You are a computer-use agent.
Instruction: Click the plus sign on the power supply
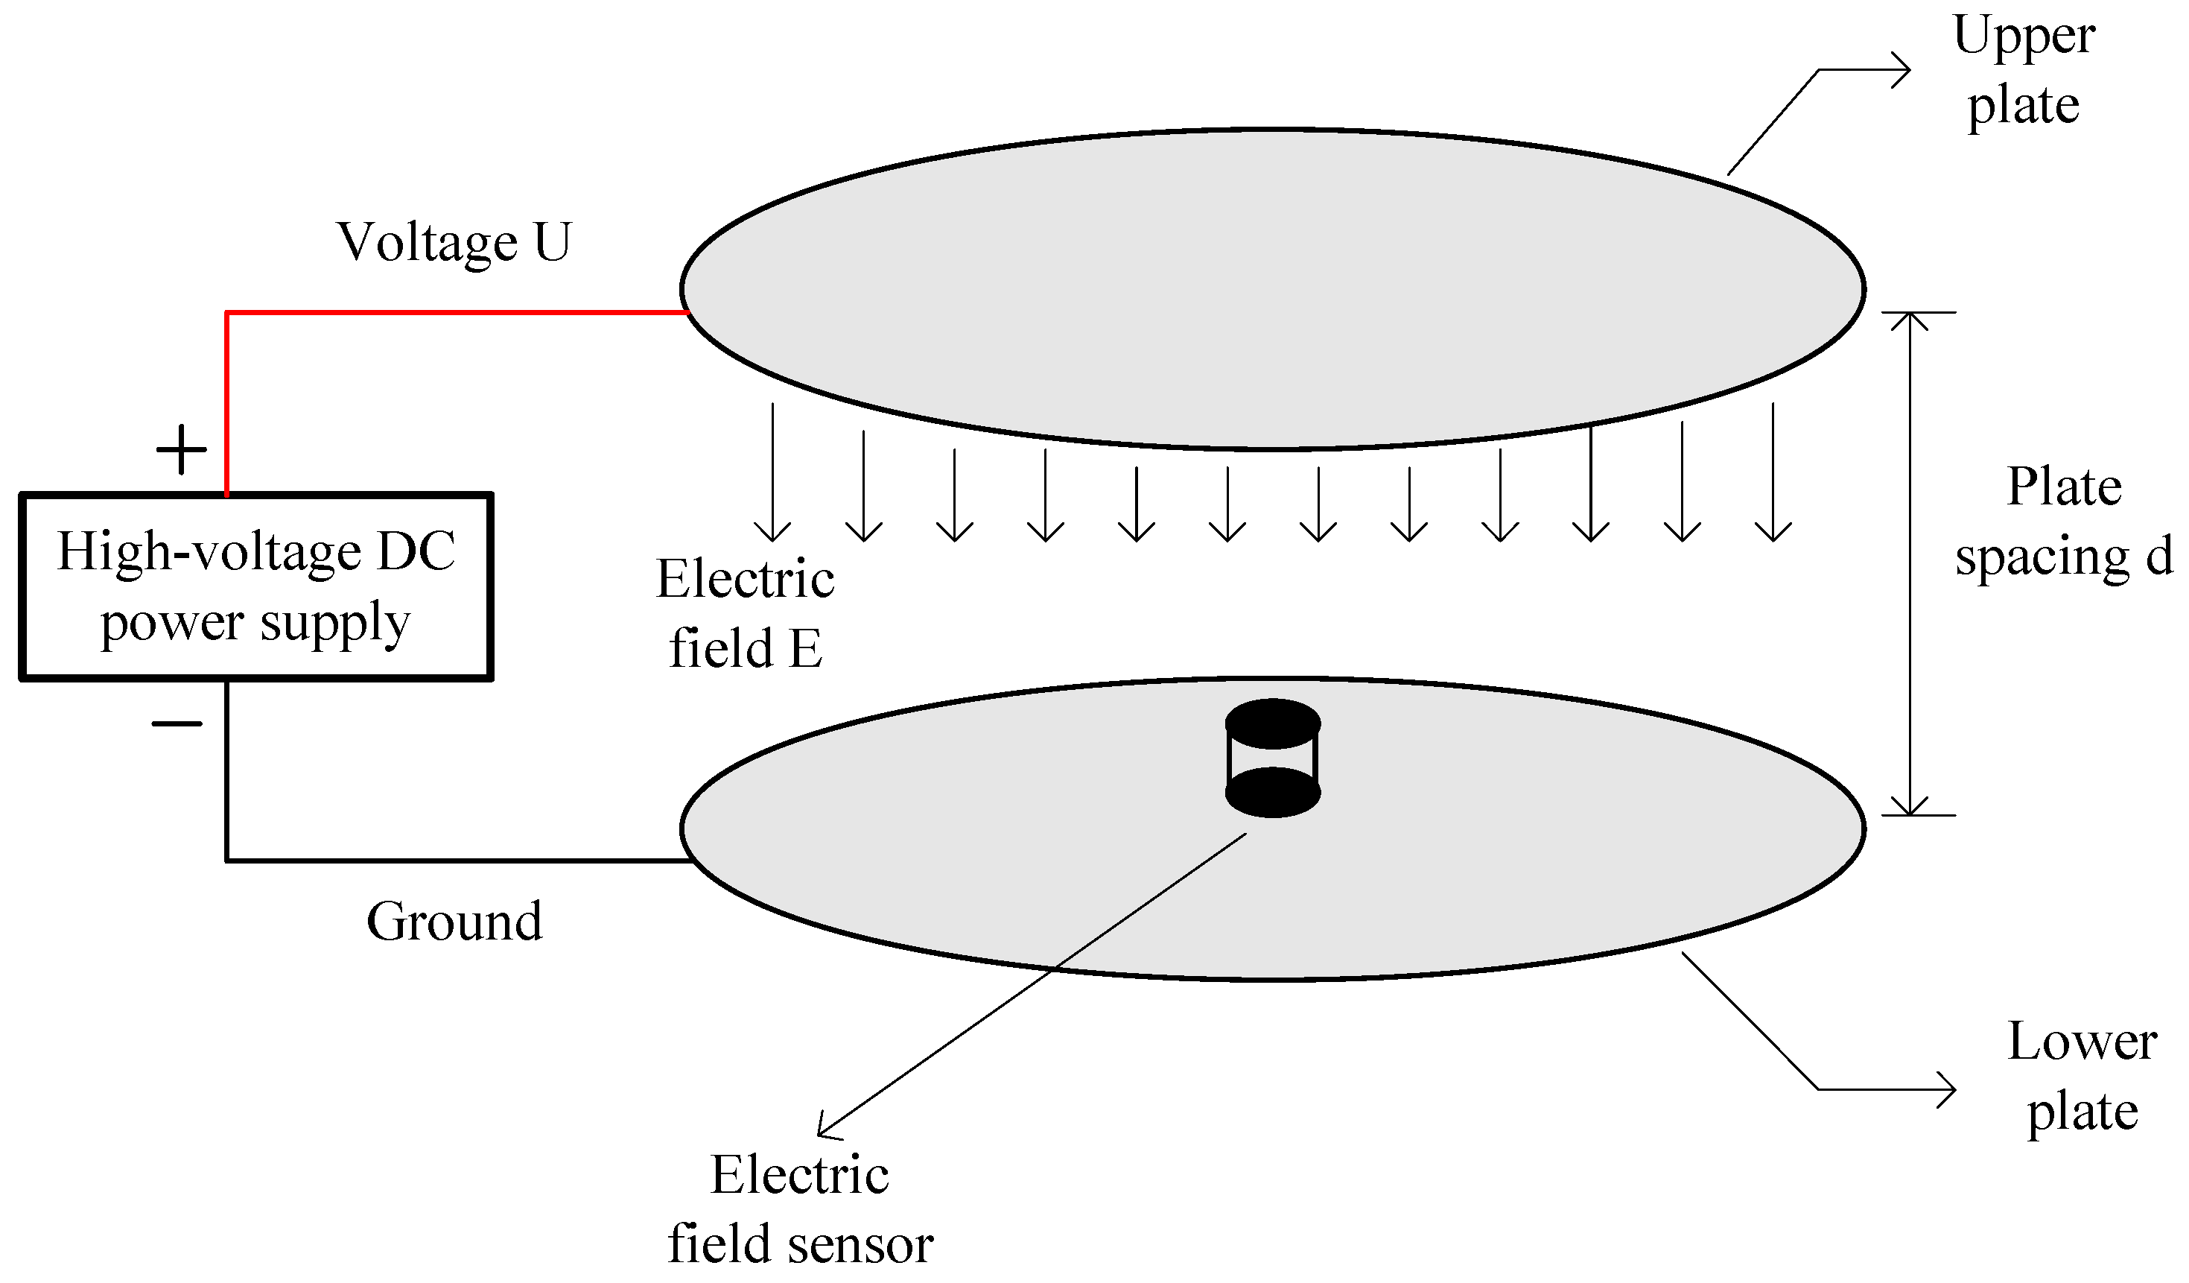click(181, 450)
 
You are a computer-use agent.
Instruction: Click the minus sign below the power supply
click(177, 723)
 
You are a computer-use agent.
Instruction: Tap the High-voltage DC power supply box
click(256, 586)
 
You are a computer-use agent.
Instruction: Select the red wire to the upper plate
click(451, 313)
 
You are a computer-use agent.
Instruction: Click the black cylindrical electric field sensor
click(1273, 758)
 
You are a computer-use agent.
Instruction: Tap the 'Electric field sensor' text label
click(800, 1209)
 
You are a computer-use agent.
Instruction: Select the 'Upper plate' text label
click(2023, 72)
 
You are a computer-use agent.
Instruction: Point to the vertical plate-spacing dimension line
click(1909, 565)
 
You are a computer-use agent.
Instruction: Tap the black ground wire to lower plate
click(451, 860)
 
